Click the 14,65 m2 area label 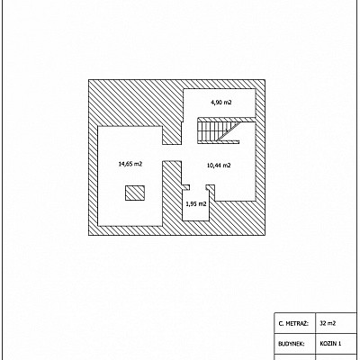(x=130, y=164)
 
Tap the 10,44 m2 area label (x=219, y=165)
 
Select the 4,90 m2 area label (x=221, y=103)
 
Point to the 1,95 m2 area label (x=196, y=204)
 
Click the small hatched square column (x=135, y=193)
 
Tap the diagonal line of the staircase (x=229, y=130)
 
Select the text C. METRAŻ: (x=293, y=324)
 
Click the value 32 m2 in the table (x=328, y=323)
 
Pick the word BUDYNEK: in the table (x=292, y=344)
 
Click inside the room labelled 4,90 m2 (x=220, y=103)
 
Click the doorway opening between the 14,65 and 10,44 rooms (x=172, y=153)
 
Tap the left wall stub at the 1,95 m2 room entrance (x=186, y=187)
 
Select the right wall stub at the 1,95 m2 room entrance (x=211, y=187)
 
